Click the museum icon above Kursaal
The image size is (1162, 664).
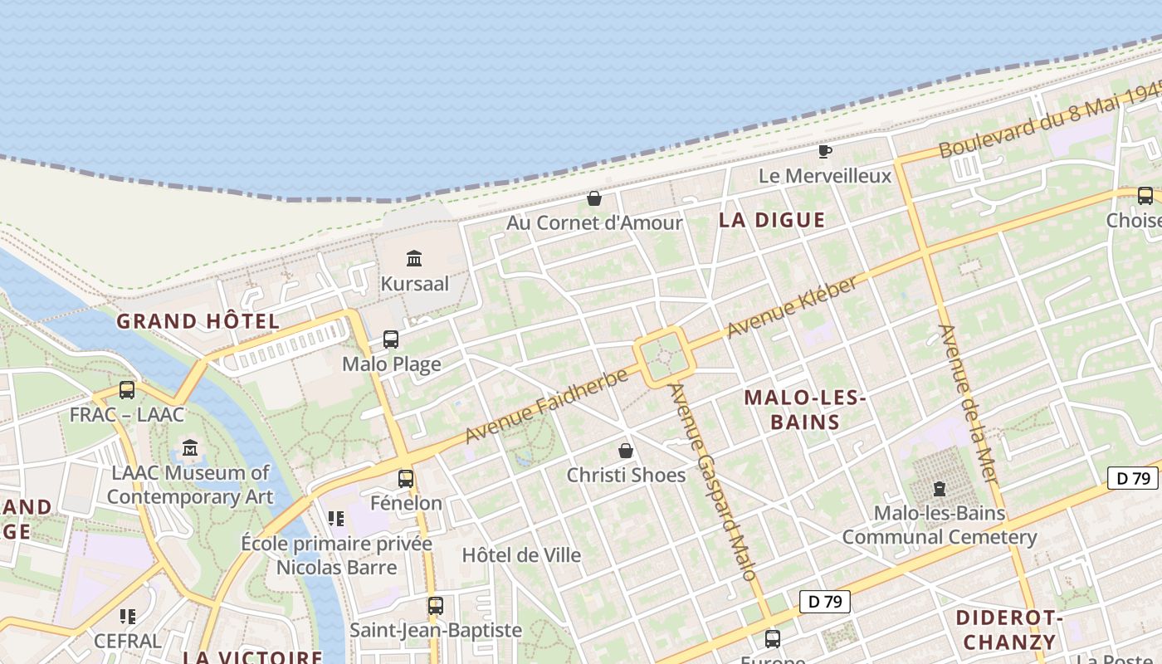point(414,258)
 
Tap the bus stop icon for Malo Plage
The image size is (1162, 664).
point(391,339)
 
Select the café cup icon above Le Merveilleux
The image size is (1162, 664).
point(824,151)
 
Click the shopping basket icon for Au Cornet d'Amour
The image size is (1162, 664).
point(594,198)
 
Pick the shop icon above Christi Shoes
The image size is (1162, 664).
point(626,451)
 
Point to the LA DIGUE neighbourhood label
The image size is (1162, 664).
point(772,220)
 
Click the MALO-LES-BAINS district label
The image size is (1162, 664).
point(805,410)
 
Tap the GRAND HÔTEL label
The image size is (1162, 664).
point(198,321)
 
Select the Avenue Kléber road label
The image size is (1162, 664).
point(792,307)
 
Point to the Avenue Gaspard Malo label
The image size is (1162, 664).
point(713,481)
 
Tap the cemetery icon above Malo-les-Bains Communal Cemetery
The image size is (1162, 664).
point(940,488)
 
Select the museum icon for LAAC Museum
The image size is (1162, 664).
point(190,448)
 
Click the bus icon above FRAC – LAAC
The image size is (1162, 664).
point(127,389)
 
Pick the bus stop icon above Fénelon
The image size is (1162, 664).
point(406,478)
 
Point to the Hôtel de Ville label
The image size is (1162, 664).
point(521,555)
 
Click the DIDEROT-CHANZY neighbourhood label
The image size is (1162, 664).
point(1009,629)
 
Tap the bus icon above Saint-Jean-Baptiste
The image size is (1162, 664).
point(436,605)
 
